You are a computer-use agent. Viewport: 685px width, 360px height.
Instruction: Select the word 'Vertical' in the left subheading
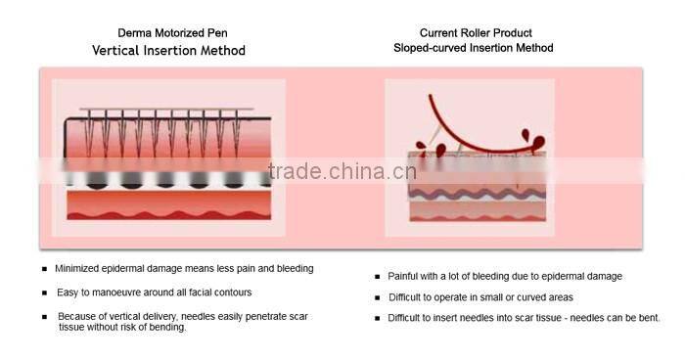120,50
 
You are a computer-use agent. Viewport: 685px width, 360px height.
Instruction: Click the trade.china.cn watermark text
342,173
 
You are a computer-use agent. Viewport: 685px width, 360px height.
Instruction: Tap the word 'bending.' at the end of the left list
166,327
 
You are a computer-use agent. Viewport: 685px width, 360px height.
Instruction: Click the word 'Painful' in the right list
406,277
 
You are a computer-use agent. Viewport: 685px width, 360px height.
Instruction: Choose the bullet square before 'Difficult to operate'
378,297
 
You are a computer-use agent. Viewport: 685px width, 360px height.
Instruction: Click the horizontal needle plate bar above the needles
166,110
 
